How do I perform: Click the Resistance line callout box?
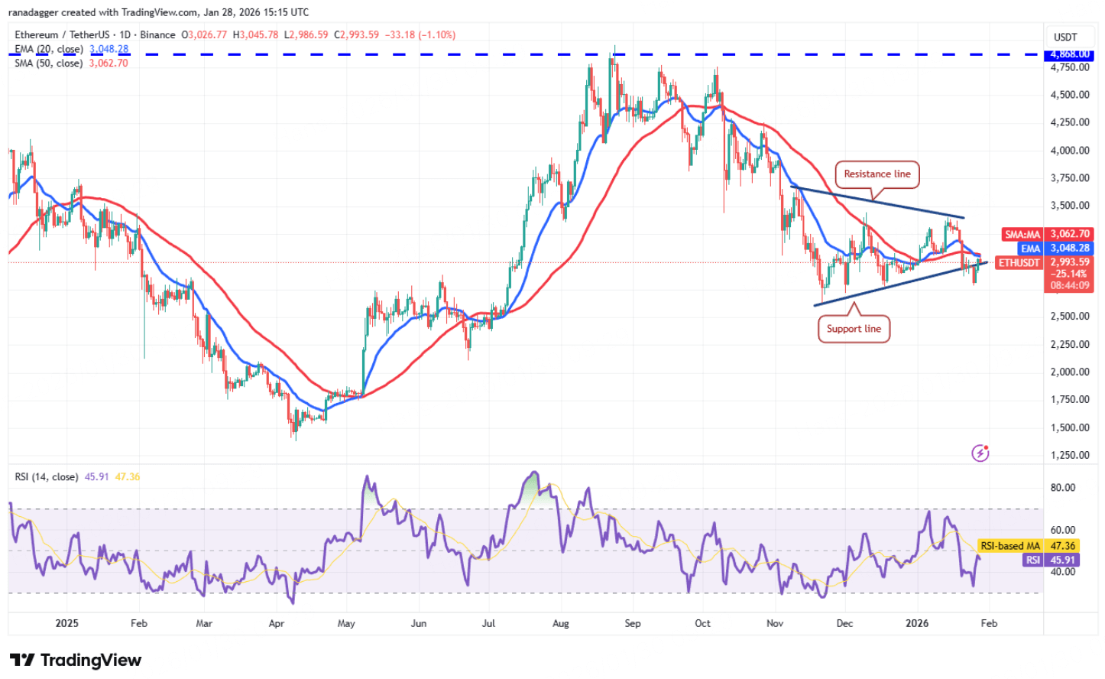tap(877, 174)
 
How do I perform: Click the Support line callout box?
tap(854, 329)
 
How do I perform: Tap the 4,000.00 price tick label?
tap(1069, 151)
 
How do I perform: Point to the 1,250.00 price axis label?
tap(1069, 455)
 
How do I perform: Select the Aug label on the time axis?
tap(561, 623)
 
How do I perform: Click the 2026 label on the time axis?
tap(917, 623)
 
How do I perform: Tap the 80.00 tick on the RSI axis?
tap(1063, 488)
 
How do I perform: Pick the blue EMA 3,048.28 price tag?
tap(1055, 248)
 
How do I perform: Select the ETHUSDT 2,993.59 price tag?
tap(1044, 262)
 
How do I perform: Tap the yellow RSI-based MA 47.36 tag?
tap(1028, 546)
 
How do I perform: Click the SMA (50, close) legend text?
tap(48, 63)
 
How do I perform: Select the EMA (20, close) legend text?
tap(48, 49)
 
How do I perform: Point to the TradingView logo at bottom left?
tap(76, 660)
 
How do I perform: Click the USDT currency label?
tap(1065, 37)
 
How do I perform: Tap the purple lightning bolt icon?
tap(980, 453)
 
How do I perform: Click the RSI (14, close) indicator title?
tap(46, 477)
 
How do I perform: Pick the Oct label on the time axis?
tap(702, 623)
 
